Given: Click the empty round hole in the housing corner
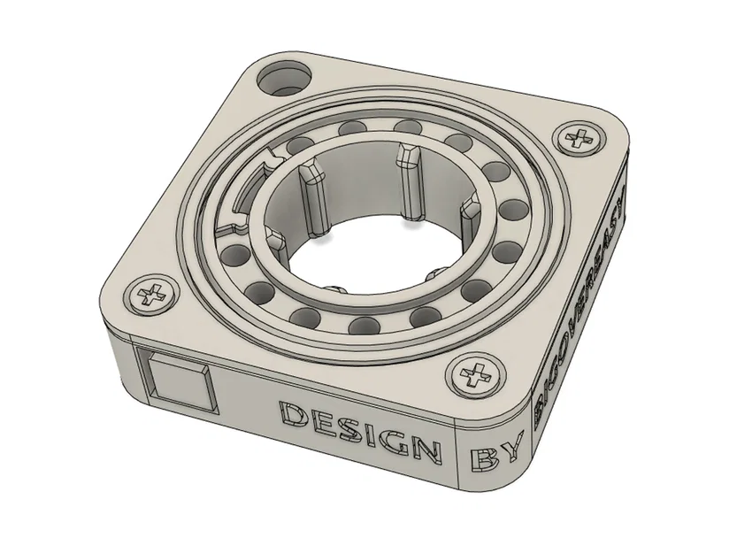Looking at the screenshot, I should (285, 78).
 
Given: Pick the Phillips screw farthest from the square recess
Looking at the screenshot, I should (580, 138).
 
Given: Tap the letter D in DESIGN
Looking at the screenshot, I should (292, 414).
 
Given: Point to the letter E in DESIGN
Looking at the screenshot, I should (320, 421).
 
